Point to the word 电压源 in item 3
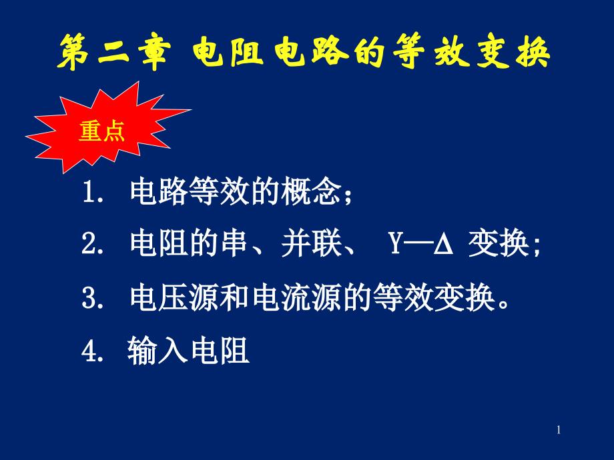click(x=175, y=299)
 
